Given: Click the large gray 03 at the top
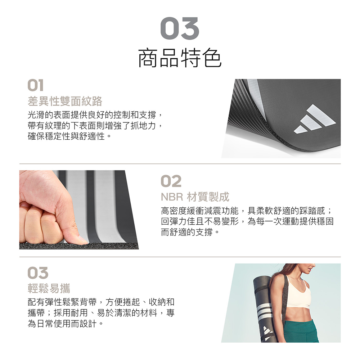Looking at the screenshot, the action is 180,28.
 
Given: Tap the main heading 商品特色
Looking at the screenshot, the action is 180,58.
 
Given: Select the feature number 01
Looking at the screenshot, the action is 35,85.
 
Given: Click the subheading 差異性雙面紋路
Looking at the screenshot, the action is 65,101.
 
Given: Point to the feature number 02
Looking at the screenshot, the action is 171,181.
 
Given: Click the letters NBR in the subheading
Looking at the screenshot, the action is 172,197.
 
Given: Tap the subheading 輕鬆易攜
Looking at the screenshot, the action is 49,288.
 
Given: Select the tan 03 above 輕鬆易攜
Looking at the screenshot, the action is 38,273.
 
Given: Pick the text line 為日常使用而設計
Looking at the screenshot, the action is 65,324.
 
